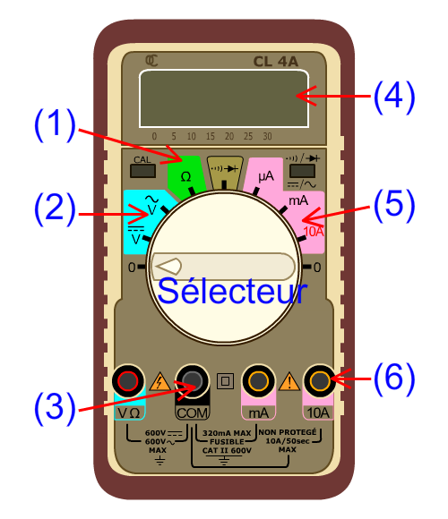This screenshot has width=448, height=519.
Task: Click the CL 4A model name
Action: (x=275, y=62)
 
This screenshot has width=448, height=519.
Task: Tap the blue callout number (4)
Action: (x=394, y=97)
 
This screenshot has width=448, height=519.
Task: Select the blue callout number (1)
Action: (x=55, y=124)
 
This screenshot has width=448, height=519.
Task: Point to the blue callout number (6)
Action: (x=394, y=379)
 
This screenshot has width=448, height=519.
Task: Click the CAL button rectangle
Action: (x=142, y=171)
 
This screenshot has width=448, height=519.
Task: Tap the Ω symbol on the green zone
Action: (x=185, y=177)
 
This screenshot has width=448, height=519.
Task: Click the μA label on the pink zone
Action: (x=266, y=176)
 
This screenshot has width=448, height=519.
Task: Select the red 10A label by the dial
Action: (x=314, y=232)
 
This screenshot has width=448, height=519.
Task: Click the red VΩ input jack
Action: (x=128, y=380)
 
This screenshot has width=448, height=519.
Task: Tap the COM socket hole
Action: (x=192, y=380)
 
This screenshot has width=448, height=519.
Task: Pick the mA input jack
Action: (x=258, y=380)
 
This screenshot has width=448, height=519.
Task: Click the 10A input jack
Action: (x=320, y=380)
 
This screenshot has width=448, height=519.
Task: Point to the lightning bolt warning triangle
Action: (x=160, y=381)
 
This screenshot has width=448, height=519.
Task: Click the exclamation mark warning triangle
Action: (x=289, y=381)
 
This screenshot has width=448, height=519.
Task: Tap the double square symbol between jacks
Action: (x=225, y=381)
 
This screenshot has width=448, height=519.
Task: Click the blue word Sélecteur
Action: (x=232, y=291)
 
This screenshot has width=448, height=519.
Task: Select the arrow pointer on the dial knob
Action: (x=168, y=266)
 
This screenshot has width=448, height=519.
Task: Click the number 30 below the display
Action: (x=267, y=136)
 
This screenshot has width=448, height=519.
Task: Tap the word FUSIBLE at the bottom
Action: (x=227, y=441)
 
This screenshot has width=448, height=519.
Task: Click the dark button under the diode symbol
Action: (x=302, y=171)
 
